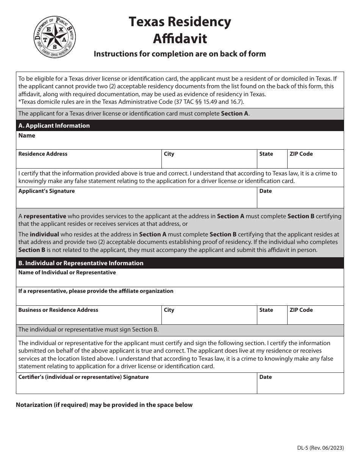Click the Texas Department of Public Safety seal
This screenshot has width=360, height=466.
(x=55, y=37)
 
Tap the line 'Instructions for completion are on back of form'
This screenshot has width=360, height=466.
(x=180, y=54)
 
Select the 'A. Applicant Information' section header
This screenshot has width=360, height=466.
(x=54, y=126)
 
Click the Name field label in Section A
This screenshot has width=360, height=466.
(x=27, y=136)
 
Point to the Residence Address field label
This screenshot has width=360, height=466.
(x=43, y=154)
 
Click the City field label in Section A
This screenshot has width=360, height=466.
(x=169, y=154)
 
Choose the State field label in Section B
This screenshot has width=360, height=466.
(x=266, y=310)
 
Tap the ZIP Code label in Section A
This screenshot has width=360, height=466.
(x=301, y=154)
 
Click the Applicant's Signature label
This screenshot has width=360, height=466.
(x=47, y=191)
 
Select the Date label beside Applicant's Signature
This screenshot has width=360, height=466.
(x=266, y=191)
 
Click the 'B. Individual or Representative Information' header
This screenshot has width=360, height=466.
(x=81, y=263)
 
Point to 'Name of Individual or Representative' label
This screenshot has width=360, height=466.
(x=67, y=272)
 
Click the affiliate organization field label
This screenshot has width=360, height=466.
(x=96, y=291)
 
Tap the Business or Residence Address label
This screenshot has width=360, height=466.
(x=58, y=310)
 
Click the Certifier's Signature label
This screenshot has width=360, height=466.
(x=83, y=377)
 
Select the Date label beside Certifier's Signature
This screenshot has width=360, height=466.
(x=266, y=377)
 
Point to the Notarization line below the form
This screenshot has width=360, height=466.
(x=104, y=405)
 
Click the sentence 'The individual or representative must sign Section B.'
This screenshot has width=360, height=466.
(x=88, y=330)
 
